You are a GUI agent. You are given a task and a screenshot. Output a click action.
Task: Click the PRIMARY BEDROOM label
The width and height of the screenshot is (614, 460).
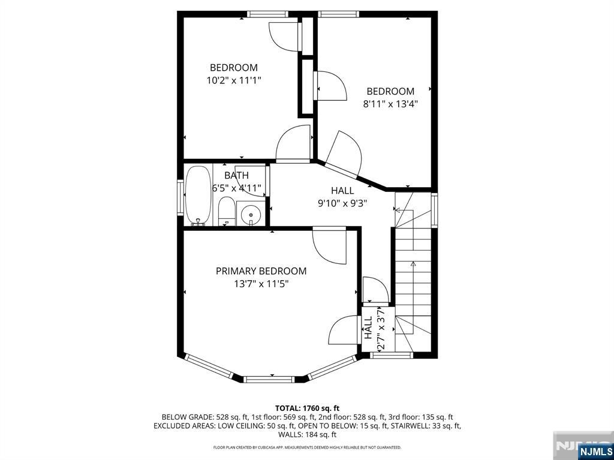coord(261,270)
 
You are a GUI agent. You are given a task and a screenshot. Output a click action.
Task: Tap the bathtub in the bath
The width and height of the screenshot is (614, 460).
coord(198,196)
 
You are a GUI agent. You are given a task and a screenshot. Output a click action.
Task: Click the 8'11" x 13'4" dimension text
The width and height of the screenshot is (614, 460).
coord(390,104)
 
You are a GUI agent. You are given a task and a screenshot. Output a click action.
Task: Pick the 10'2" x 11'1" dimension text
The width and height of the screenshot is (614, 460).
coord(234,80)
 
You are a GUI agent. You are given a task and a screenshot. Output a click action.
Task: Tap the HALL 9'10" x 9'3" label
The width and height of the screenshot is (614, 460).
coord(342,197)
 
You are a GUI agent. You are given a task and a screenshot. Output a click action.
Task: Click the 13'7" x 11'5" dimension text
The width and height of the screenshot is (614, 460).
coord(261,283)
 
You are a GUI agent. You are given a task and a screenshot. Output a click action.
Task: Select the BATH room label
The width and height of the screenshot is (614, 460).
coord(236,175)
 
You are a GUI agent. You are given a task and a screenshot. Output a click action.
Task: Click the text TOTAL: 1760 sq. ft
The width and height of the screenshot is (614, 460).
coord(308,408)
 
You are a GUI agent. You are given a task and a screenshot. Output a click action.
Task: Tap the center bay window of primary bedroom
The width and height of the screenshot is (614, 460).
coord(269,379)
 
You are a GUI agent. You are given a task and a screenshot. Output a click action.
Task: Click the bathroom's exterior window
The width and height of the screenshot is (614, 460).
coord(180,197)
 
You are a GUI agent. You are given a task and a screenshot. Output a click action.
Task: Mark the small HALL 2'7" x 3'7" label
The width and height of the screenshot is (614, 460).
coord(374,328)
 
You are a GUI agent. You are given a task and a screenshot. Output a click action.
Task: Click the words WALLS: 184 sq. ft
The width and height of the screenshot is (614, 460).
coord(308,435)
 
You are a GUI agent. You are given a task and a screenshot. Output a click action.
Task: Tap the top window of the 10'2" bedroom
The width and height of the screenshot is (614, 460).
coord(267,14)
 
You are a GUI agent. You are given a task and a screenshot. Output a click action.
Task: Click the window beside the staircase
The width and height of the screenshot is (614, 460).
coord(434,210)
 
